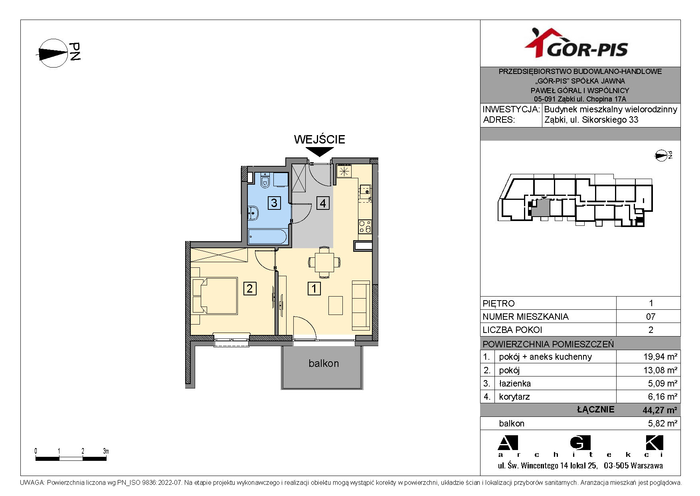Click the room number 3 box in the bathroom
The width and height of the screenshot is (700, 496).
(274, 203)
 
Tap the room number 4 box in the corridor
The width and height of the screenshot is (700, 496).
(322, 203)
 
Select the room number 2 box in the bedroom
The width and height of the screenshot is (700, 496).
(250, 288)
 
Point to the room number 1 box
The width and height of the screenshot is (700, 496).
(314, 288)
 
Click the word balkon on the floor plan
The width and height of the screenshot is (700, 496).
(324, 363)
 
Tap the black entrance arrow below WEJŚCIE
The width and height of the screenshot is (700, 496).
(320, 151)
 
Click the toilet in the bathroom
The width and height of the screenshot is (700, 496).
(265, 181)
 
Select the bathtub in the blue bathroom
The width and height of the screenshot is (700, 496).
(267, 236)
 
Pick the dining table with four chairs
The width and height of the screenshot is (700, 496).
(324, 263)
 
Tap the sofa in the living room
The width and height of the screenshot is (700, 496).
(361, 305)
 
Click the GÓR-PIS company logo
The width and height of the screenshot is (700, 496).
(576, 43)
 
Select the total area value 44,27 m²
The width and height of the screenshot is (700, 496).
(660, 410)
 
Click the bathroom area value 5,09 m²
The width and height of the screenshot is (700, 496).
(662, 383)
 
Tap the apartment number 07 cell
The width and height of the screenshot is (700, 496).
(651, 317)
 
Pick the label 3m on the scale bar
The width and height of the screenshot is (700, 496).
(106, 451)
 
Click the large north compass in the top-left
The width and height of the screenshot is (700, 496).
(53, 53)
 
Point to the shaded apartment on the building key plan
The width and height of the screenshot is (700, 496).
(541, 207)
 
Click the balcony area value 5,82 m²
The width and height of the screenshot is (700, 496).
(662, 423)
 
